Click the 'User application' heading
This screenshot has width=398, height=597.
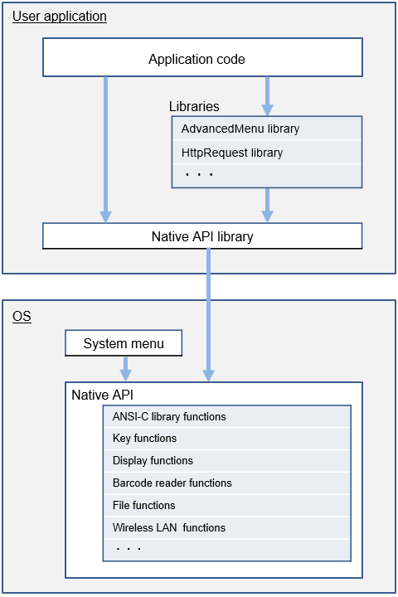[x=60, y=17]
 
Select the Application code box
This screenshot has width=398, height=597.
[x=202, y=57]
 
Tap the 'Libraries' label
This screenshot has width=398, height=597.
[x=194, y=106]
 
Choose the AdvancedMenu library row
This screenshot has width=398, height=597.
[x=267, y=129]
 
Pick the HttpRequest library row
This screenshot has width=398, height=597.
[x=267, y=153]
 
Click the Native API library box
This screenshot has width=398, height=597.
[x=202, y=236]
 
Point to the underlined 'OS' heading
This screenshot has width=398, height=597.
[x=22, y=317]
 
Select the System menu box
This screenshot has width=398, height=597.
[x=124, y=343]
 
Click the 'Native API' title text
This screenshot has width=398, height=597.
[x=103, y=395]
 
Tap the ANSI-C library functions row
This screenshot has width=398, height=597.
[x=227, y=416]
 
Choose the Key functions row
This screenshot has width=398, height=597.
[x=227, y=439]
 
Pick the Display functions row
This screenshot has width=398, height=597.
[x=227, y=461]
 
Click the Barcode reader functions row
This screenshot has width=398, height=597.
[x=227, y=483]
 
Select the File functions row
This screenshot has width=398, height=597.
[x=227, y=505]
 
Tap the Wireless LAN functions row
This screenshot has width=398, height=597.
[x=227, y=527]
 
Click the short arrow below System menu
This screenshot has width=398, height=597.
[x=126, y=369]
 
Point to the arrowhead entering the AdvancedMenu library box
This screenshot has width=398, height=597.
[x=267, y=110]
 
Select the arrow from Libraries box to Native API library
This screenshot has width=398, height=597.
[x=267, y=206]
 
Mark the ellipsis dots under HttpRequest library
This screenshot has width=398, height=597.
[x=199, y=174]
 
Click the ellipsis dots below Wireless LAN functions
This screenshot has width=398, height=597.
[x=129, y=549]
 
